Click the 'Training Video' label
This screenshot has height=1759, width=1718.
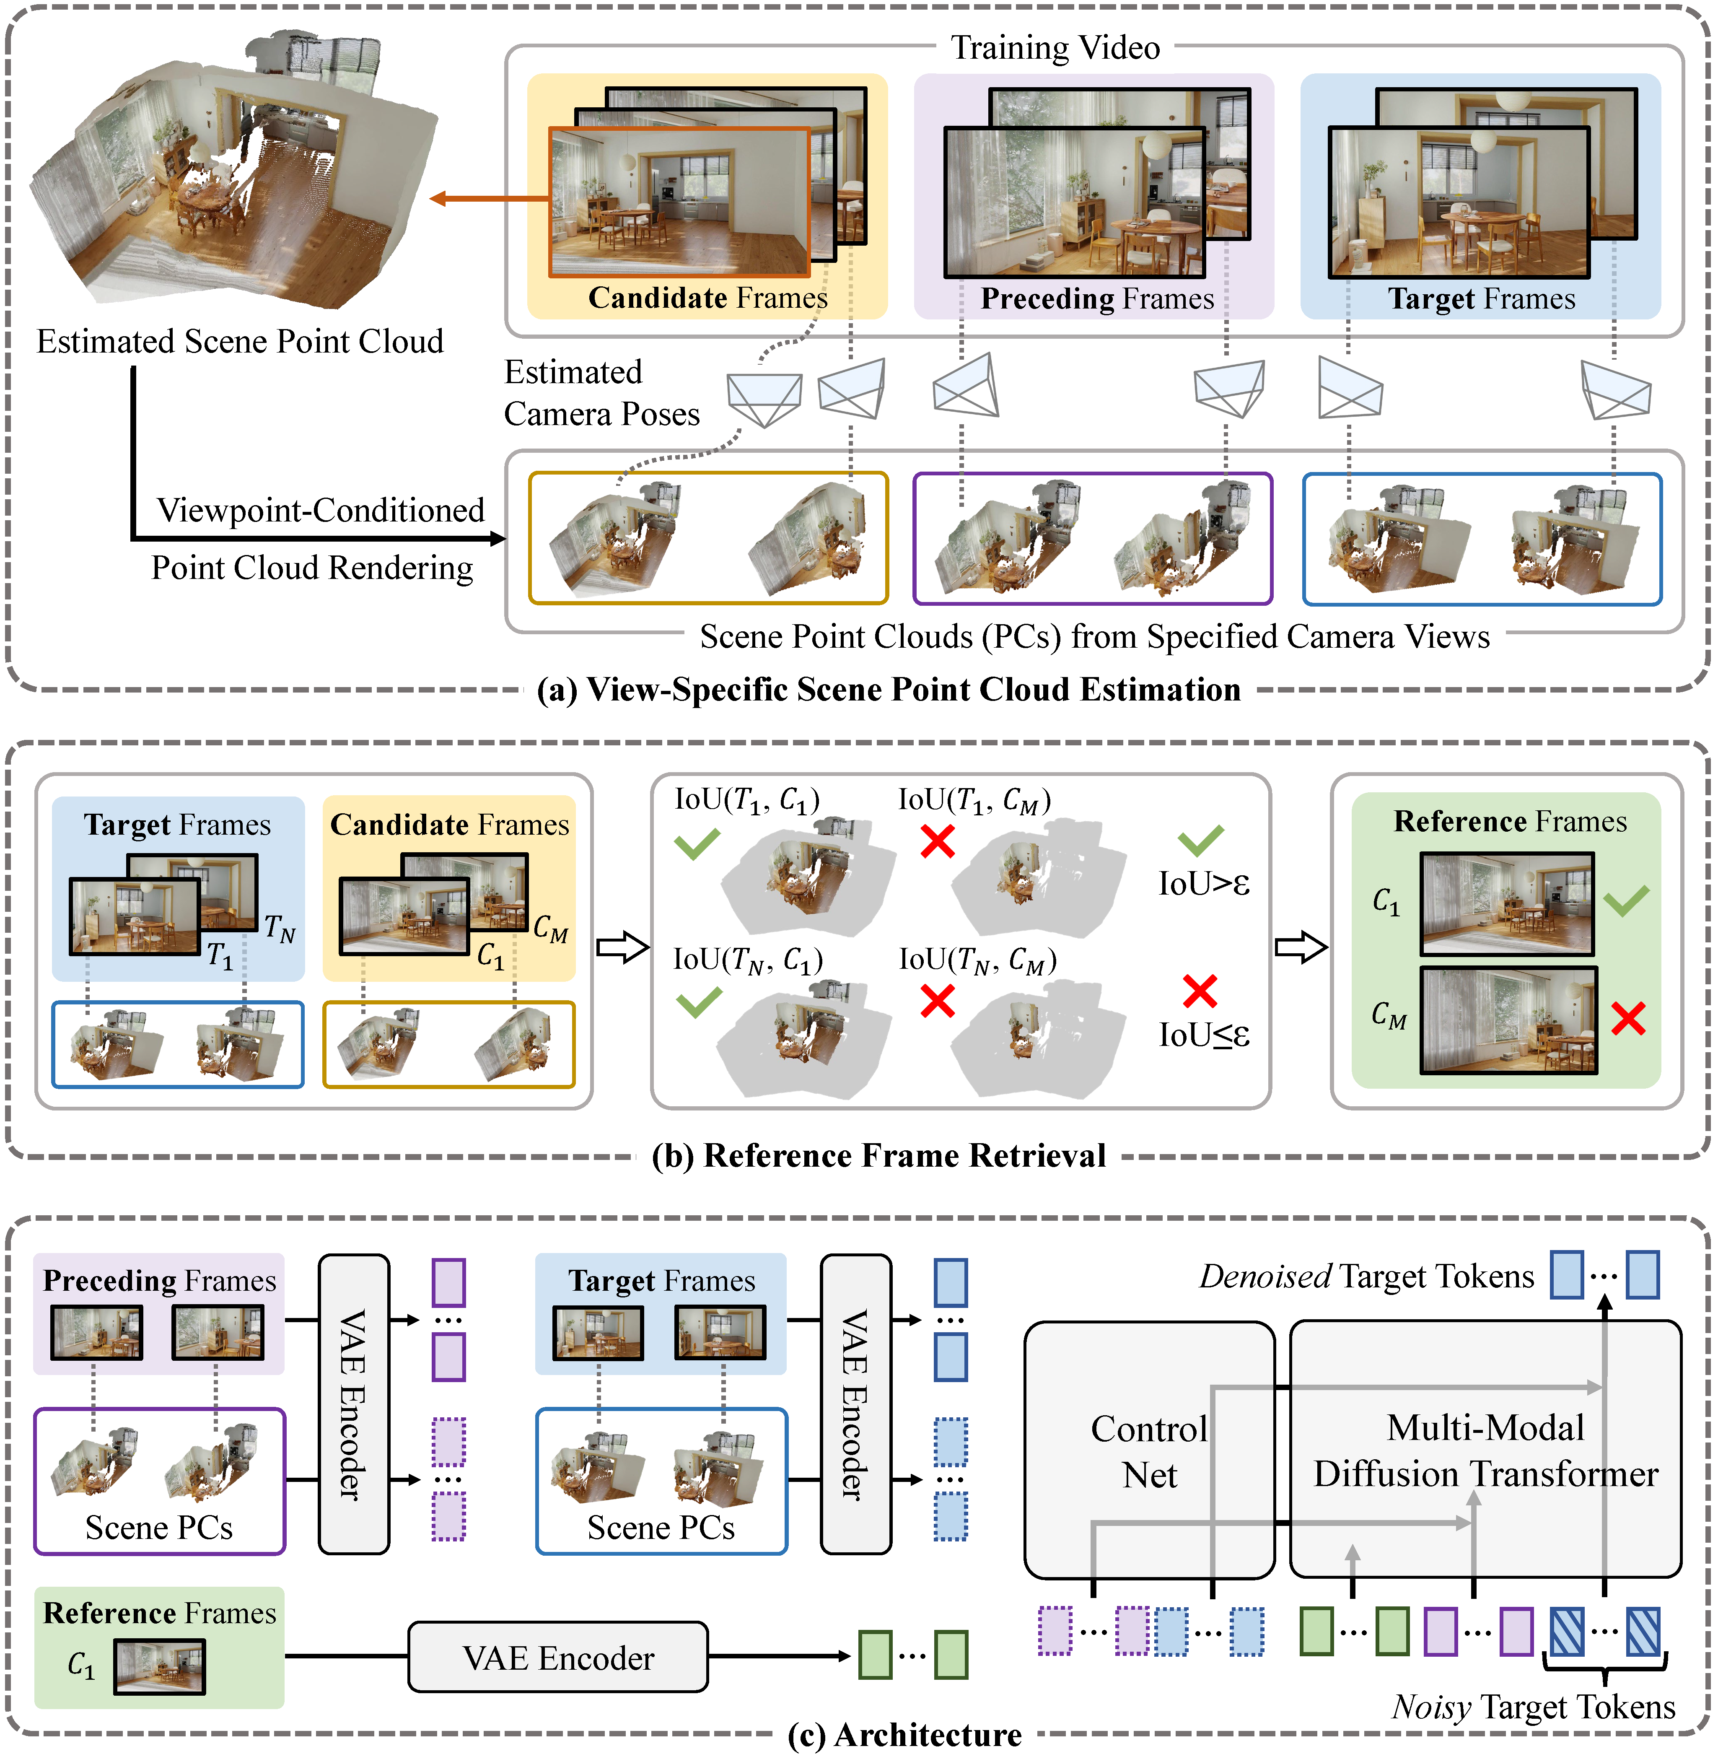pos(1055,48)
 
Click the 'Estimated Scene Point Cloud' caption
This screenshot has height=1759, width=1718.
pos(240,341)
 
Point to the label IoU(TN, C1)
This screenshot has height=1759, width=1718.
pos(748,960)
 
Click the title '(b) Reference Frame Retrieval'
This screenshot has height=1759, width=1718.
pos(879,1156)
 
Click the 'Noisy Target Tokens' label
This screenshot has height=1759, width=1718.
pos(1533,1707)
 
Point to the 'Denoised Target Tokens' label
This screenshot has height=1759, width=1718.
pos(1366,1276)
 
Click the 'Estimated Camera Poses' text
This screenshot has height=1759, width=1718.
pos(601,394)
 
